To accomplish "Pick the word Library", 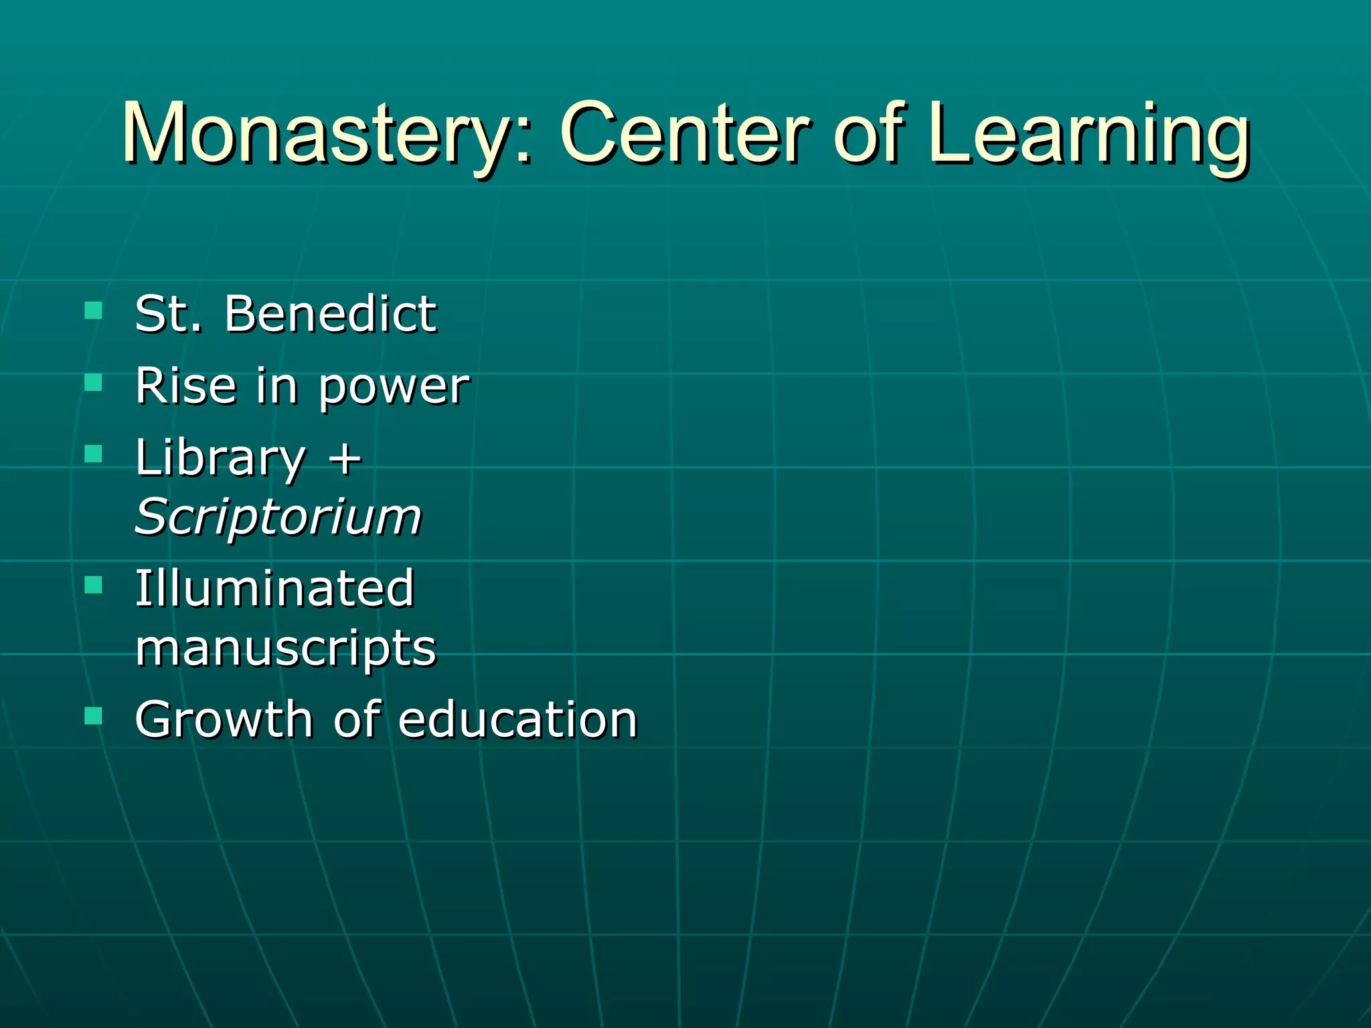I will (220, 459).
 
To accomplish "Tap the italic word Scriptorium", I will (278, 518).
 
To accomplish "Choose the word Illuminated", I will (274, 588).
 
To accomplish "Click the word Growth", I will (224, 719).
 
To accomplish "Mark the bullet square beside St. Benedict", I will (94, 310).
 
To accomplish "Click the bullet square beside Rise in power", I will (94, 382).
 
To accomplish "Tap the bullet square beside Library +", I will (94, 454).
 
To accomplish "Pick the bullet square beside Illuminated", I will (94, 586).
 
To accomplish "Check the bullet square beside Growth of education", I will (94, 717).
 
